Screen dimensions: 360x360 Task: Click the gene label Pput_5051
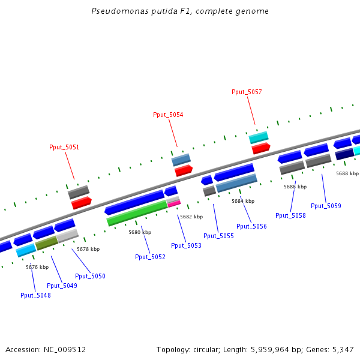(64, 147)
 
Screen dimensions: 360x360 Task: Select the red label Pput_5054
(168, 115)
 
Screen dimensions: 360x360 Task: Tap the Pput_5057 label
(247, 92)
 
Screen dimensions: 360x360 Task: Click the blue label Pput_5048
(35, 295)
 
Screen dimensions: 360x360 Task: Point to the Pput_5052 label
(150, 257)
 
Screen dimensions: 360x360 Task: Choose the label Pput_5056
(251, 226)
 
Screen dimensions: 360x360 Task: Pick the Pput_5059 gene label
(326, 206)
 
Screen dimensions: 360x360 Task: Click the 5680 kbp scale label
(140, 232)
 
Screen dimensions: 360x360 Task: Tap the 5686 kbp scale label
(295, 187)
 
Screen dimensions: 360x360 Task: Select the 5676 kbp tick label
(37, 267)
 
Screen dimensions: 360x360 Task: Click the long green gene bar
(137, 214)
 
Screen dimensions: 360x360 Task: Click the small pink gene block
(173, 203)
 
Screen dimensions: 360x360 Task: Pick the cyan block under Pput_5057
(259, 137)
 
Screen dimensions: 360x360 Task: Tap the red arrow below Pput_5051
(81, 203)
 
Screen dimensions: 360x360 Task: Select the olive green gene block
(46, 243)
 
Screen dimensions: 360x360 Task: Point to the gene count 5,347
(343, 349)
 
